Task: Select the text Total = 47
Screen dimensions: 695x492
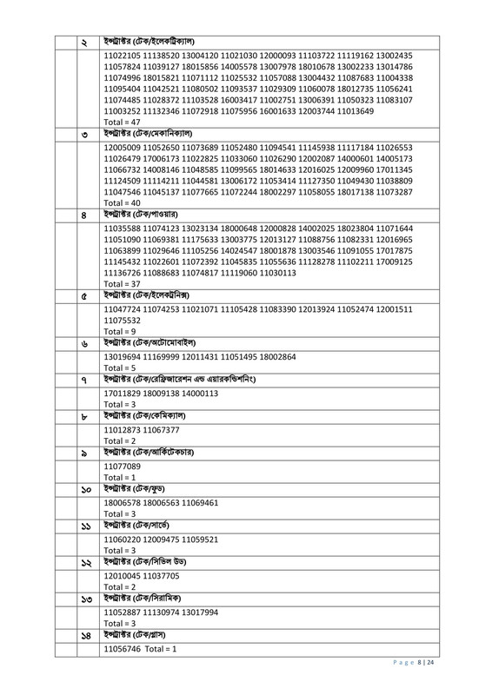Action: [122, 123]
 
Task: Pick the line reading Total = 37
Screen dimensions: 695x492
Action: [122, 284]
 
